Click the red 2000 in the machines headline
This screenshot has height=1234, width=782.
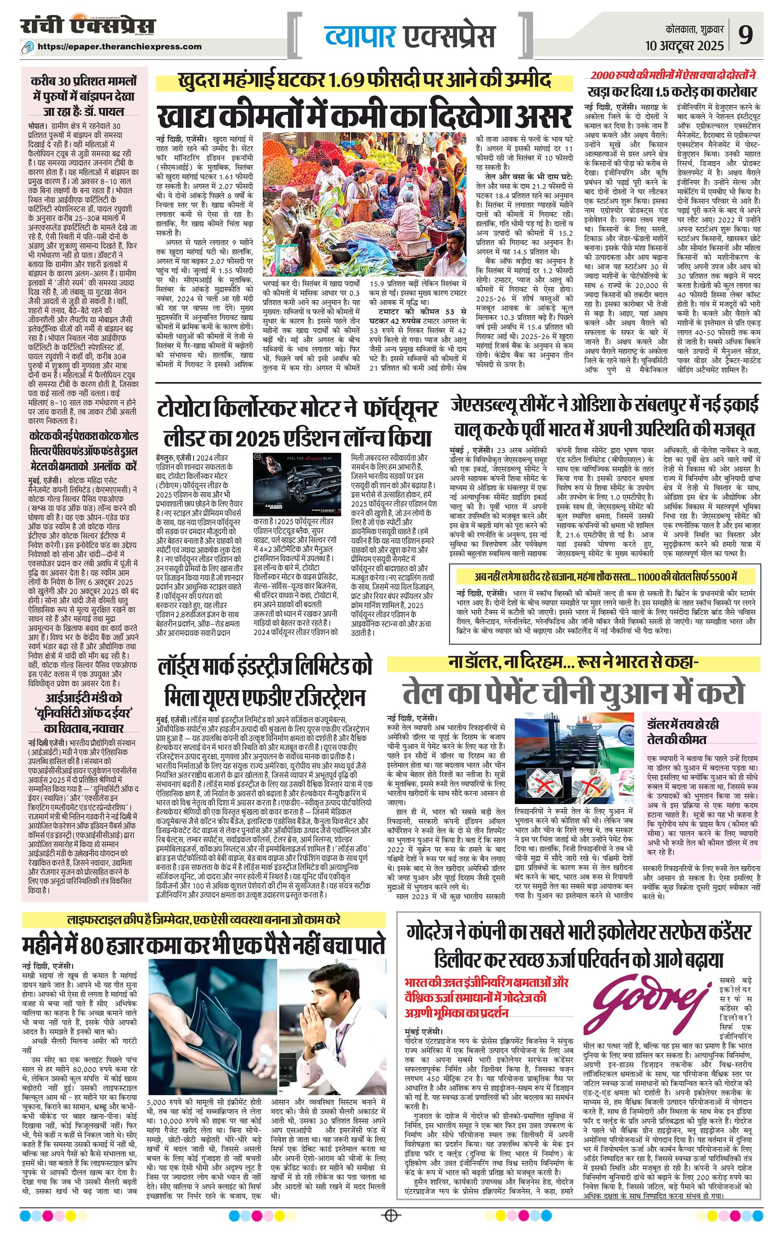604,75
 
